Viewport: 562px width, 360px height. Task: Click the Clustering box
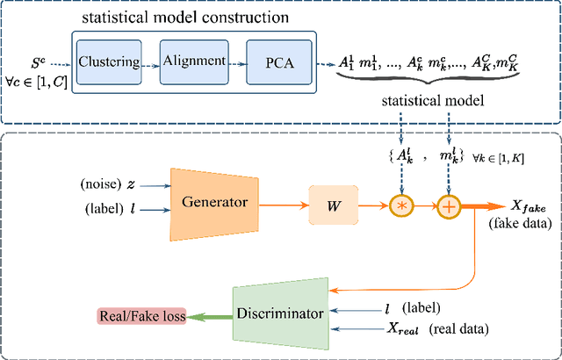pos(109,62)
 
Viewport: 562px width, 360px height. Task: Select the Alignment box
pos(194,62)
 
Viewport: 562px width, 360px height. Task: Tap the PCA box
pos(279,62)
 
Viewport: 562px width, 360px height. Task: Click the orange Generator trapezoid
pos(214,205)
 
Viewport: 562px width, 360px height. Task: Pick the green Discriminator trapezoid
pos(281,313)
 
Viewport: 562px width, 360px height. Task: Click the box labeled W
pos(334,205)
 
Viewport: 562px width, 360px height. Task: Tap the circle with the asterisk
pos(402,206)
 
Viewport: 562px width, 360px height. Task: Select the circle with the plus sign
pos(449,206)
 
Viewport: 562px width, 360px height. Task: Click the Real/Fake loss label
pos(142,316)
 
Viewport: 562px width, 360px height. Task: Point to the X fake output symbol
pos(530,208)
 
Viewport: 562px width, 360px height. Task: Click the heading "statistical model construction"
pos(185,18)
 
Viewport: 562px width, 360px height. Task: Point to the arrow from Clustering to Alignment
pos(150,66)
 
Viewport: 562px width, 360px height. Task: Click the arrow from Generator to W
pos(284,205)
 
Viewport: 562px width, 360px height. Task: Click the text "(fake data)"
pos(519,225)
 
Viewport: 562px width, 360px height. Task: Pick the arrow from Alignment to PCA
pos(237,65)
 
